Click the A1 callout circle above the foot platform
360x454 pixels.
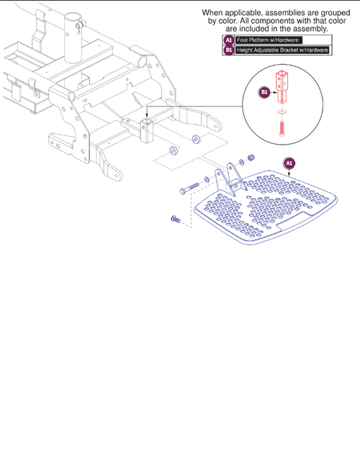289,163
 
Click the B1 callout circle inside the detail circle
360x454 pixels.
264,92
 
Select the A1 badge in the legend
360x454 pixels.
228,40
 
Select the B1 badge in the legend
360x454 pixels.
228,50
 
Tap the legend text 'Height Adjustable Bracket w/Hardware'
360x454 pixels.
282,50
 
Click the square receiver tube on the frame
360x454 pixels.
147,132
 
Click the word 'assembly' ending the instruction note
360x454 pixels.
318,29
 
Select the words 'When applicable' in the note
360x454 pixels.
231,13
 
